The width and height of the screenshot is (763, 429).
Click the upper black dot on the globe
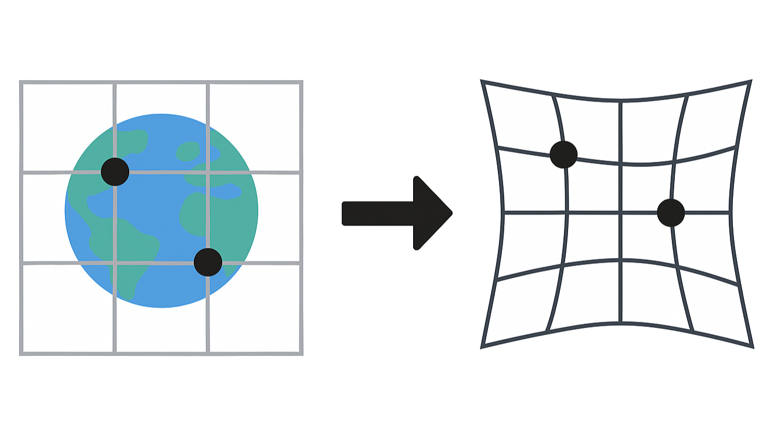115,171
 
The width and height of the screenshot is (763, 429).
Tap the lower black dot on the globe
208,262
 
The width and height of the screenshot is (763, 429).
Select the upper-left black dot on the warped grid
563,154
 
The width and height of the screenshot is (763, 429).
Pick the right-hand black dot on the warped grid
671,213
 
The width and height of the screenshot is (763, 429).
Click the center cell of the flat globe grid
161,217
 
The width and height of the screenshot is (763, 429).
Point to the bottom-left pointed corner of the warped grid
482,347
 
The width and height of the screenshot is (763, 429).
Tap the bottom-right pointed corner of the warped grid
751,348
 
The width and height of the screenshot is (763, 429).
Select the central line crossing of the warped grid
620,213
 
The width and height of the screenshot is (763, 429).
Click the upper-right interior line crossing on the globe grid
208,172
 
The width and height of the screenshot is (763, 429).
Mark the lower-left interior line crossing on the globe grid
115,263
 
